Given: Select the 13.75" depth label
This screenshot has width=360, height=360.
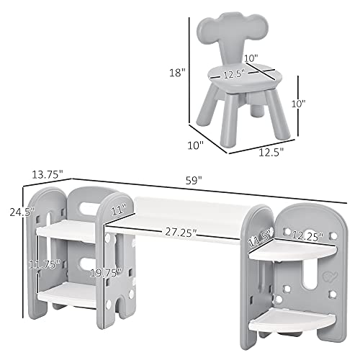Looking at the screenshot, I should pyautogui.click(x=47, y=174).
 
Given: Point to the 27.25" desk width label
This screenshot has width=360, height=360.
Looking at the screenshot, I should pyautogui.click(x=180, y=233).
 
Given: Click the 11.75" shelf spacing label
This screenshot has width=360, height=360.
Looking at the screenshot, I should pyautogui.click(x=44, y=264).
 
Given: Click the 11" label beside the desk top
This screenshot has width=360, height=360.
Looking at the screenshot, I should pyautogui.click(x=120, y=210).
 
